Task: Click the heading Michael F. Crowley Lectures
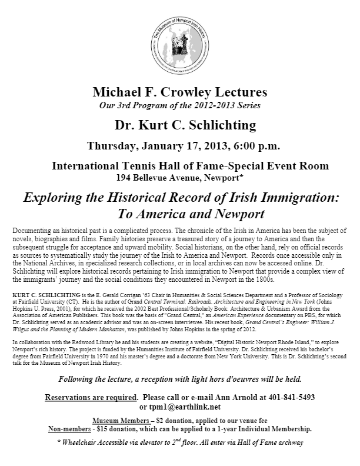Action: (179, 92)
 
